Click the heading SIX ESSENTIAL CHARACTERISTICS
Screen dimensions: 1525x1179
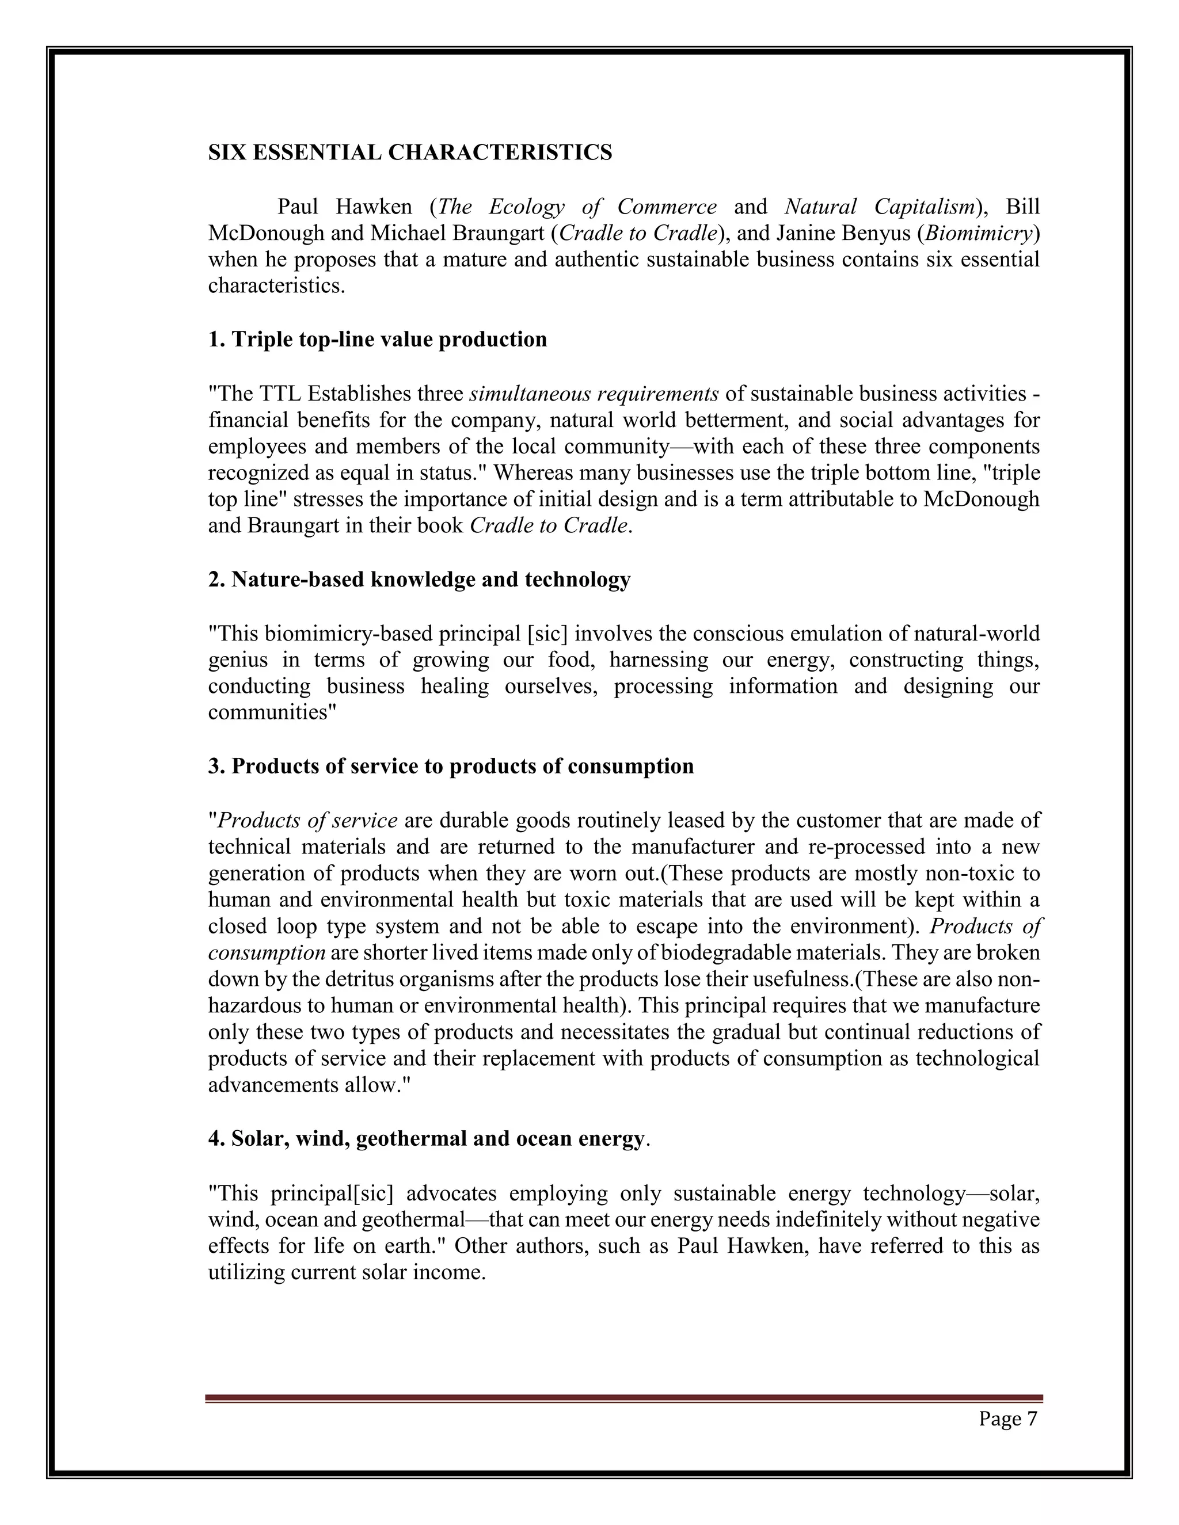410,152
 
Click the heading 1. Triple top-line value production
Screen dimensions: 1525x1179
377,340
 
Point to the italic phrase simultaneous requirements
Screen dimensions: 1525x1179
594,394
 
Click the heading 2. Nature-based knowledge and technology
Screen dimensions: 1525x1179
419,579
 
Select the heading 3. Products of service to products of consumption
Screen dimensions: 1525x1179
451,766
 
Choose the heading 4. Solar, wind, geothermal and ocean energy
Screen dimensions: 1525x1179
426,1139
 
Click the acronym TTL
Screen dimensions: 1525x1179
279,394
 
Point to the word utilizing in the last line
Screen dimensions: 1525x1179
246,1272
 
